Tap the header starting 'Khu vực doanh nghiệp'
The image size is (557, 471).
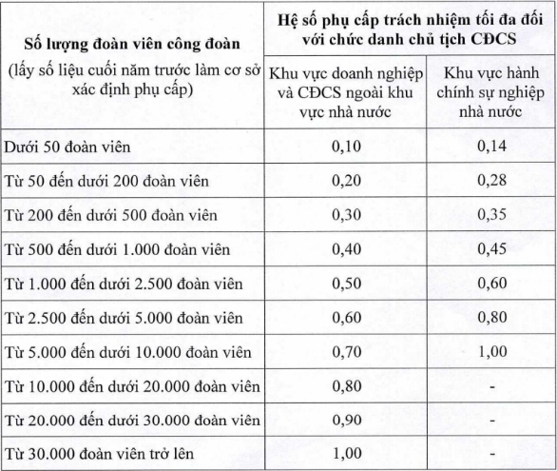[x=345, y=92]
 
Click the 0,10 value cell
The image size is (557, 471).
[x=345, y=147]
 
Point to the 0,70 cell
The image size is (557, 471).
[x=345, y=352]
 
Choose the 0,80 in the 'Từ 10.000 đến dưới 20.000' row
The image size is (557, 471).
[x=345, y=385]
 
